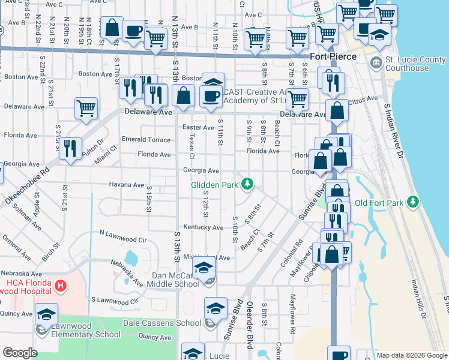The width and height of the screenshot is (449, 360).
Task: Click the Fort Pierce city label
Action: click(333, 56)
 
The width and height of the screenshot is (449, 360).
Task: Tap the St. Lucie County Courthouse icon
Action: click(376, 62)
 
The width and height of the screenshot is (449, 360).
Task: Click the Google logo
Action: click(20, 353)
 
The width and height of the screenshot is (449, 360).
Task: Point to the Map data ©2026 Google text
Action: click(411, 355)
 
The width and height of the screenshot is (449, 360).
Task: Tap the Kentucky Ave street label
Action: click(203, 227)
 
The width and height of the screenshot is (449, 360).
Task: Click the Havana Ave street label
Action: click(126, 185)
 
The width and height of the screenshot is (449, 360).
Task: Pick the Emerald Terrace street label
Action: click(146, 139)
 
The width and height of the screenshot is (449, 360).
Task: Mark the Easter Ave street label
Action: click(198, 127)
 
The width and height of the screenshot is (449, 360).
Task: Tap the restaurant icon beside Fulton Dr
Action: click(71, 148)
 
